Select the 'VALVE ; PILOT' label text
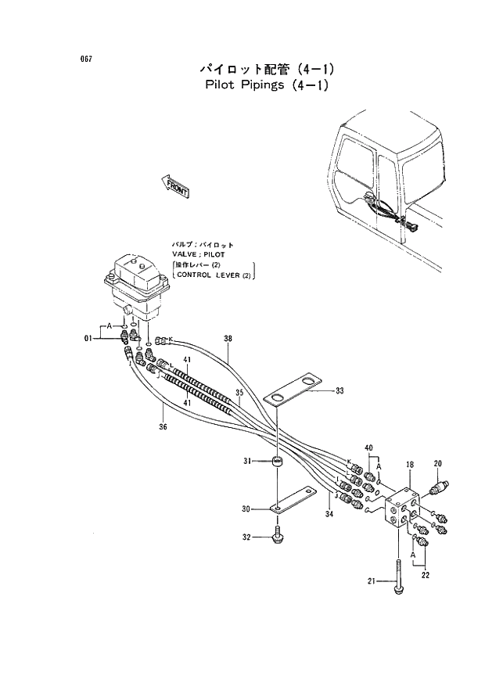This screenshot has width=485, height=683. tap(199, 255)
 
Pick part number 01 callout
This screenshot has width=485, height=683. tap(88, 338)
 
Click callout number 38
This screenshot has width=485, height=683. tap(228, 339)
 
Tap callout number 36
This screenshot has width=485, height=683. tap(162, 426)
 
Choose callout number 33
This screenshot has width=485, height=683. tap(339, 390)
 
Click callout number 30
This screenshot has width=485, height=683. tap(246, 509)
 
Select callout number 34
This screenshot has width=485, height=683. tap(329, 513)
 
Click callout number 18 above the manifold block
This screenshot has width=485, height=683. tap(409, 465)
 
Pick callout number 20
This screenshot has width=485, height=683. tap(438, 463)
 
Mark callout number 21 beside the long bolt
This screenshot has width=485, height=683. tap(372, 580)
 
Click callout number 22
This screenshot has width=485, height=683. tap(425, 576)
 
